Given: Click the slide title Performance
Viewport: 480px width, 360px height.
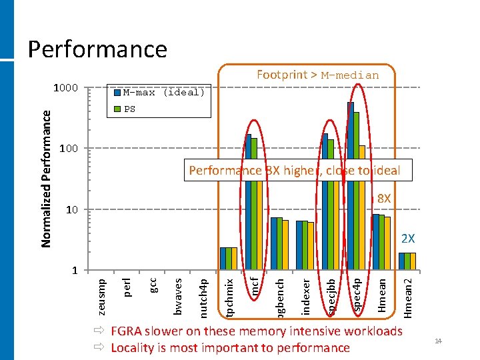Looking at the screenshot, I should point(97,49).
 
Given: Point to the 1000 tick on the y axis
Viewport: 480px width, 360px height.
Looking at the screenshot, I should point(66,88).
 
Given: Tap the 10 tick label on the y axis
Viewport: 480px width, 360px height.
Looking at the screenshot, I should point(72,211).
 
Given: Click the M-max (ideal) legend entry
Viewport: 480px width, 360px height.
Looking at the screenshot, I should point(163,93).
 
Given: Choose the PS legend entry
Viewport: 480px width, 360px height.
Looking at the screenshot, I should point(129,109).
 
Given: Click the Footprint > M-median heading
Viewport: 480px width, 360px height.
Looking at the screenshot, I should point(317,75).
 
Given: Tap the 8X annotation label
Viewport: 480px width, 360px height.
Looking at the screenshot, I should point(385,199).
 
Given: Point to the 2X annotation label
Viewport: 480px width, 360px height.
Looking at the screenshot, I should point(407,238).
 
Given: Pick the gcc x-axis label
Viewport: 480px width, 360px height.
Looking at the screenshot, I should point(153,284).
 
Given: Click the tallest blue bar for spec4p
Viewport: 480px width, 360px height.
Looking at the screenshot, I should point(350,187).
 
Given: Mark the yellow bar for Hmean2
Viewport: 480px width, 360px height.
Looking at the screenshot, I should point(413,262).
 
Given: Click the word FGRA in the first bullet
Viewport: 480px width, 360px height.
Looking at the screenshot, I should point(128,331).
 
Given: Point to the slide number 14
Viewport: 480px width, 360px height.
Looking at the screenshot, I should point(438,342).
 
